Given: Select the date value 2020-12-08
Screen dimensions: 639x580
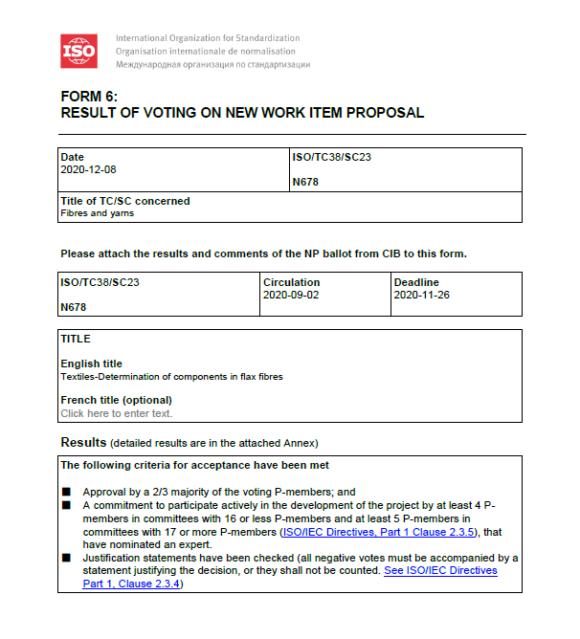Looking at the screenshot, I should click(88, 169).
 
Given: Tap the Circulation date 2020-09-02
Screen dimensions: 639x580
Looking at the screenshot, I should click(291, 296).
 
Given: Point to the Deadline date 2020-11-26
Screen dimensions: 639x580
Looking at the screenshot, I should click(422, 296).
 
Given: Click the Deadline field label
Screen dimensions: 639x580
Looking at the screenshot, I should click(416, 283).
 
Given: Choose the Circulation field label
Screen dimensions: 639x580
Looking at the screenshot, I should click(291, 283).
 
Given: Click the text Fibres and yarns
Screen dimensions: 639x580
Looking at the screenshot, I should click(97, 213).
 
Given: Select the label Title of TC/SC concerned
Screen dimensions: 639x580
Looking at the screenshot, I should click(124, 201).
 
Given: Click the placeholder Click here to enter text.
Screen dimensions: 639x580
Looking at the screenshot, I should click(116, 413).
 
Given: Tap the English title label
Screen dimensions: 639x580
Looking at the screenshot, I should click(91, 364).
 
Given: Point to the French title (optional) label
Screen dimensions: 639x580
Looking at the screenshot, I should click(116, 400).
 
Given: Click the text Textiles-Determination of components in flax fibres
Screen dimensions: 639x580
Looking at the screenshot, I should click(171, 376).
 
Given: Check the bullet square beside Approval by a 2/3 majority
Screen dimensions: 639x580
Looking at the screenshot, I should click(67, 492).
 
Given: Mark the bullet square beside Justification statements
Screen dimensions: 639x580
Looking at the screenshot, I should click(67, 558).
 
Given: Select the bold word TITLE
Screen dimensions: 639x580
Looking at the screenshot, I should click(76, 339).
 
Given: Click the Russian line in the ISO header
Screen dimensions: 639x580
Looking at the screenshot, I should click(212, 64).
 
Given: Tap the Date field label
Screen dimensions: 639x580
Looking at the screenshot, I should click(72, 157).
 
